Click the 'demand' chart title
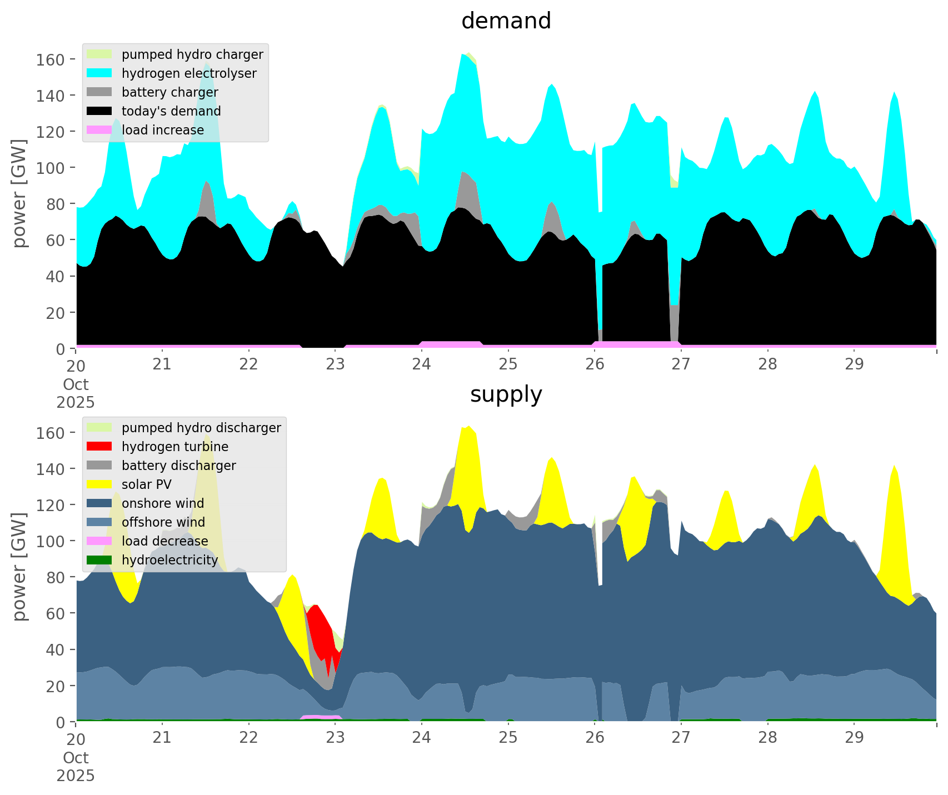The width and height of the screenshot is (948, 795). pos(506,21)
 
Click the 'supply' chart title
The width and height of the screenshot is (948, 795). pos(506,394)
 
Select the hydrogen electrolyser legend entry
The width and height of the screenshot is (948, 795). pos(188,73)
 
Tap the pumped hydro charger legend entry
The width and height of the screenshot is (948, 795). pos(192,54)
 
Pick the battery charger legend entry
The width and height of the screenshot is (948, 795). pos(169,92)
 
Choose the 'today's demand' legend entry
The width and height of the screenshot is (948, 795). pos(171,111)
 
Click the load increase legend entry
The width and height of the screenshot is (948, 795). pos(162,130)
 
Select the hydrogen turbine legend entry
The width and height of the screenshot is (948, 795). pos(174,447)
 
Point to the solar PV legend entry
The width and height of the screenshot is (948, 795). pos(146,484)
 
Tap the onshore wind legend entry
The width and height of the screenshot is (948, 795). pos(162,503)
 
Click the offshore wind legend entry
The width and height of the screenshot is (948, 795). pos(163,522)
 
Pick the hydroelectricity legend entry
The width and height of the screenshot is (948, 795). pos(169,560)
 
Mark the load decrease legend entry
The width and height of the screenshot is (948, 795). pos(164,541)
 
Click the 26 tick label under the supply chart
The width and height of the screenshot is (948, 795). pos(595,739)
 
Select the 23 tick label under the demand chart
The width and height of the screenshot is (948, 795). pos(335,366)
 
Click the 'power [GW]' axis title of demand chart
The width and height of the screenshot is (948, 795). pos(19,193)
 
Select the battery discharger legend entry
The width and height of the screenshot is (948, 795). pos(178,466)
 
